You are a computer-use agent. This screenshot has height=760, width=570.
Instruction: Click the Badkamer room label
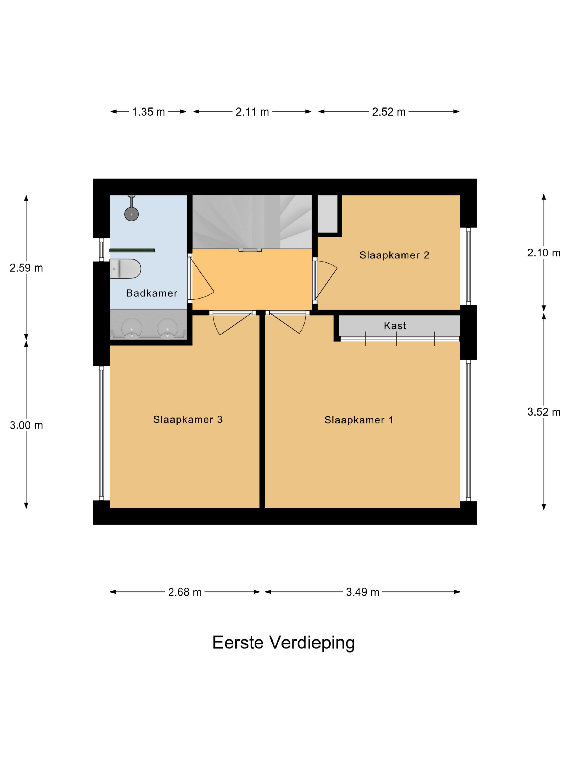click(151, 293)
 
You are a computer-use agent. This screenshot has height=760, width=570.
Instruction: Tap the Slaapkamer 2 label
click(394, 255)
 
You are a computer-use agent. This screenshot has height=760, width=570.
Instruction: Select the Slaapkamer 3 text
click(188, 419)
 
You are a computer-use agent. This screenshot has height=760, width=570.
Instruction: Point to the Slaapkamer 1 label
click(359, 420)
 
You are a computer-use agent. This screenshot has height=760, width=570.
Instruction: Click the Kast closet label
click(395, 325)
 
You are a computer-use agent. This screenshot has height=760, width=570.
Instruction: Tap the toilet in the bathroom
click(125, 268)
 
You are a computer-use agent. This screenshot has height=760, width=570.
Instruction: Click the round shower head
click(131, 213)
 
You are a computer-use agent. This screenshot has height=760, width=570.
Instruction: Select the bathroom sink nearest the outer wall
click(132, 328)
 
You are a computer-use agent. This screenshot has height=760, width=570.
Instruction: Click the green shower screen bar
click(132, 251)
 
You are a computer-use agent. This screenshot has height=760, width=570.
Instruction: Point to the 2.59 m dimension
click(26, 268)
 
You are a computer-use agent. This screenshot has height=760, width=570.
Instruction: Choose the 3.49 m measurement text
click(362, 592)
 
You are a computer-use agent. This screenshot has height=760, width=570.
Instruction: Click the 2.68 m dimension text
click(185, 592)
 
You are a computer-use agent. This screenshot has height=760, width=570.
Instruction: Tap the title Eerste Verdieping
click(283, 642)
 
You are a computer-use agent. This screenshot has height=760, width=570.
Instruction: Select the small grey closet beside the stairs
click(327, 213)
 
